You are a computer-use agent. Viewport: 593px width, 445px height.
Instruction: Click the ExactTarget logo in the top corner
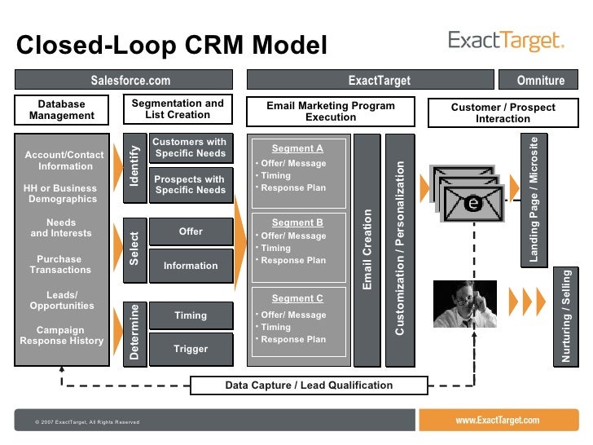(x=506, y=41)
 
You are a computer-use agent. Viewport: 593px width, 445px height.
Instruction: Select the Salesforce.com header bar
(x=124, y=80)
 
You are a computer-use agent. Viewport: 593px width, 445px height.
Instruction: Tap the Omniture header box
(x=538, y=80)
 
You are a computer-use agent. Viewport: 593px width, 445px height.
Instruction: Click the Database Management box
(x=62, y=110)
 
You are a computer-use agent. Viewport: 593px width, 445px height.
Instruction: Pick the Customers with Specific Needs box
(x=191, y=148)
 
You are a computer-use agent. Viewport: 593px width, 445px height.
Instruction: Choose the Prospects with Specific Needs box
(x=191, y=185)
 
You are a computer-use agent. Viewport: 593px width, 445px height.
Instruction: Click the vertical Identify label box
(x=135, y=168)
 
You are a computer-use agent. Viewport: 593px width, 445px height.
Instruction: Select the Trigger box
(x=191, y=349)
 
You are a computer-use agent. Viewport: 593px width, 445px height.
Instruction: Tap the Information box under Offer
(x=191, y=266)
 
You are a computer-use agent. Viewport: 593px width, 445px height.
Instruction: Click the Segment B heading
(x=297, y=222)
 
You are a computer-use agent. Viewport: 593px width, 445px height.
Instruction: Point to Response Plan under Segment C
(x=293, y=339)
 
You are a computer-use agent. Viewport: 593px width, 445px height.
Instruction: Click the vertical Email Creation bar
(x=367, y=250)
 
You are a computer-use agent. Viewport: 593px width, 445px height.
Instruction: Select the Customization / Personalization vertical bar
(x=400, y=250)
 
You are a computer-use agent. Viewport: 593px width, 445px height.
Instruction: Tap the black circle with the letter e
(x=473, y=203)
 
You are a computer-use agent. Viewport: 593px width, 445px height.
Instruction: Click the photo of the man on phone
(x=465, y=304)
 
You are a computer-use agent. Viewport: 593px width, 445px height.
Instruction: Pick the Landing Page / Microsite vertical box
(x=534, y=200)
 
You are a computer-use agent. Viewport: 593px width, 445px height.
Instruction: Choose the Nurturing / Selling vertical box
(x=566, y=317)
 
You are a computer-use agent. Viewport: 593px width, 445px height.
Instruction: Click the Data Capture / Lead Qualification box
(x=309, y=386)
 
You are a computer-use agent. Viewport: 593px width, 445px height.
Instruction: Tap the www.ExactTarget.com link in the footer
(x=498, y=420)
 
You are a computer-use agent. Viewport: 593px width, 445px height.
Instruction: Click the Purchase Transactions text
(x=60, y=265)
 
